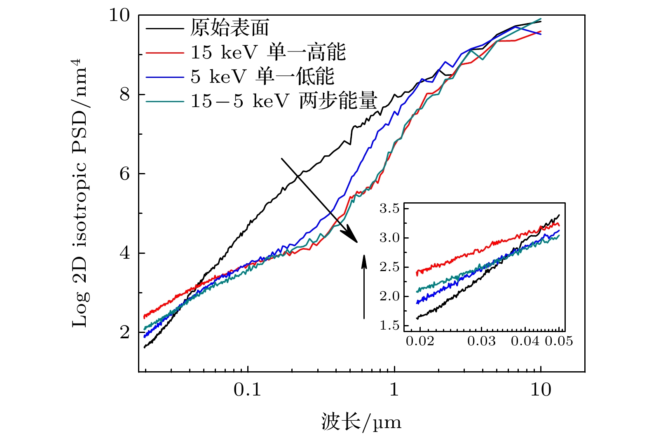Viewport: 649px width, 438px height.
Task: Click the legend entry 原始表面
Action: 229,28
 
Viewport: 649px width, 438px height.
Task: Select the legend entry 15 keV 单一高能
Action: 268,52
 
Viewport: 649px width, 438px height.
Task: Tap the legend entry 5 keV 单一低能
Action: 262,77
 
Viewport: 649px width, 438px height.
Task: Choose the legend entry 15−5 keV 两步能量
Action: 283,101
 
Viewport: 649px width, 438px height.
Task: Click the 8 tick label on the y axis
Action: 124,95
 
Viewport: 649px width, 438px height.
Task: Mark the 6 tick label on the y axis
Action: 124,174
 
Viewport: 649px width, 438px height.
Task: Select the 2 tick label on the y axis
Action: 124,332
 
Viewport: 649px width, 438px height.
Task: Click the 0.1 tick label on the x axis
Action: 248,389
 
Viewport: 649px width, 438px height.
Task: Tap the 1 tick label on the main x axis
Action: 395,389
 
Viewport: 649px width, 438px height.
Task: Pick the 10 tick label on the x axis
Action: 541,389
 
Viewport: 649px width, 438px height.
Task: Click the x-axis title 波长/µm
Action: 361,422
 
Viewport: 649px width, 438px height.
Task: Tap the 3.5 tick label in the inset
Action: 389,209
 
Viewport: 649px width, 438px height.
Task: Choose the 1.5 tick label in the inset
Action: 389,326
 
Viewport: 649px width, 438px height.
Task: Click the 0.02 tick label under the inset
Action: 420,341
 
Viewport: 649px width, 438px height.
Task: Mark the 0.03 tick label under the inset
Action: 481,341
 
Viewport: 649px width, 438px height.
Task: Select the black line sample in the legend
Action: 164,28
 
